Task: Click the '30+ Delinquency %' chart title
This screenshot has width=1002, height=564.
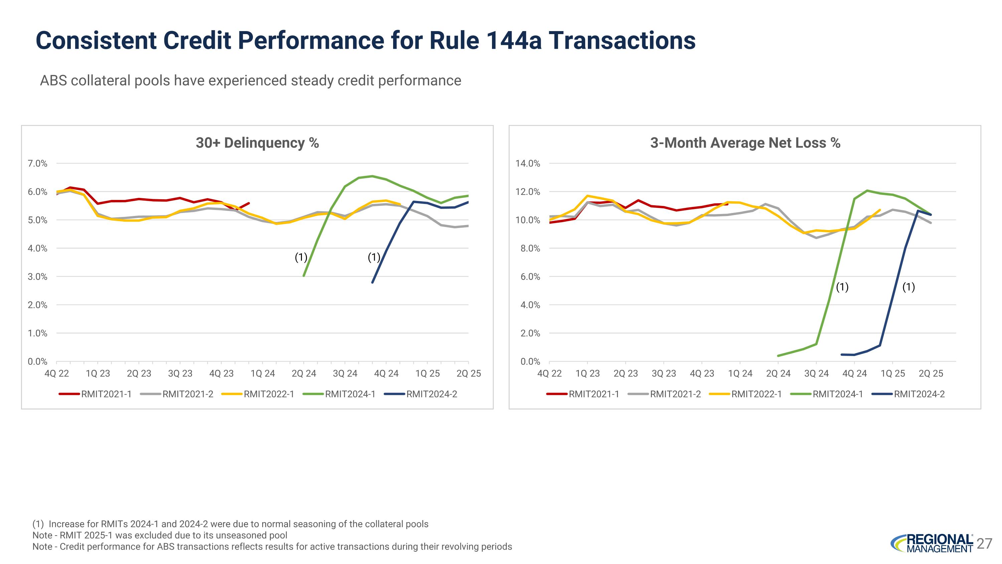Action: pos(257,143)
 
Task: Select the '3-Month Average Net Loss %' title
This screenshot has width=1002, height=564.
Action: pos(745,143)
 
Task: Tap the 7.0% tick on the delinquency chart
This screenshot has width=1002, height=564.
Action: pos(37,163)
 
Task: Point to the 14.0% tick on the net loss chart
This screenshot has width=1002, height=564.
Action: pos(528,163)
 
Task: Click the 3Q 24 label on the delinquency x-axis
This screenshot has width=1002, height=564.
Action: pos(345,374)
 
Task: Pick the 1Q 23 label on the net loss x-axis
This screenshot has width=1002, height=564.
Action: pos(588,374)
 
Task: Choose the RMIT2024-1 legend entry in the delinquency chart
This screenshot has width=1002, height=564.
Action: pos(350,394)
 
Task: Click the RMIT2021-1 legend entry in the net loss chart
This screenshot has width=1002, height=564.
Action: pos(593,394)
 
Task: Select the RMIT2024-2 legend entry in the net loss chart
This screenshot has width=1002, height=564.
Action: pos(919,394)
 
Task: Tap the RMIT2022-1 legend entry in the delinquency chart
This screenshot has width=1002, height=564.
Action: pos(269,394)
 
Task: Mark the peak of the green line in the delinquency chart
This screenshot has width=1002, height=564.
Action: pos(372,176)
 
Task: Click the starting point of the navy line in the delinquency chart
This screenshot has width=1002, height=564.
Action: pos(372,283)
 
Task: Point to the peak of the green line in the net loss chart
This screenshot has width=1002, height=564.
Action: pos(867,191)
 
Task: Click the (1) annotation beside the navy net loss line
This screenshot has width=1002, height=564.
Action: pos(908,287)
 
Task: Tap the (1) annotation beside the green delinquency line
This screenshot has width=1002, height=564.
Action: pos(301,257)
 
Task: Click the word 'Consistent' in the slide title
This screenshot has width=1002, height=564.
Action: pos(96,40)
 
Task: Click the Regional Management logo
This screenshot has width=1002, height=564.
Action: pos(932,543)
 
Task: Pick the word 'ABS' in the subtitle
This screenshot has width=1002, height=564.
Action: pos(53,81)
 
